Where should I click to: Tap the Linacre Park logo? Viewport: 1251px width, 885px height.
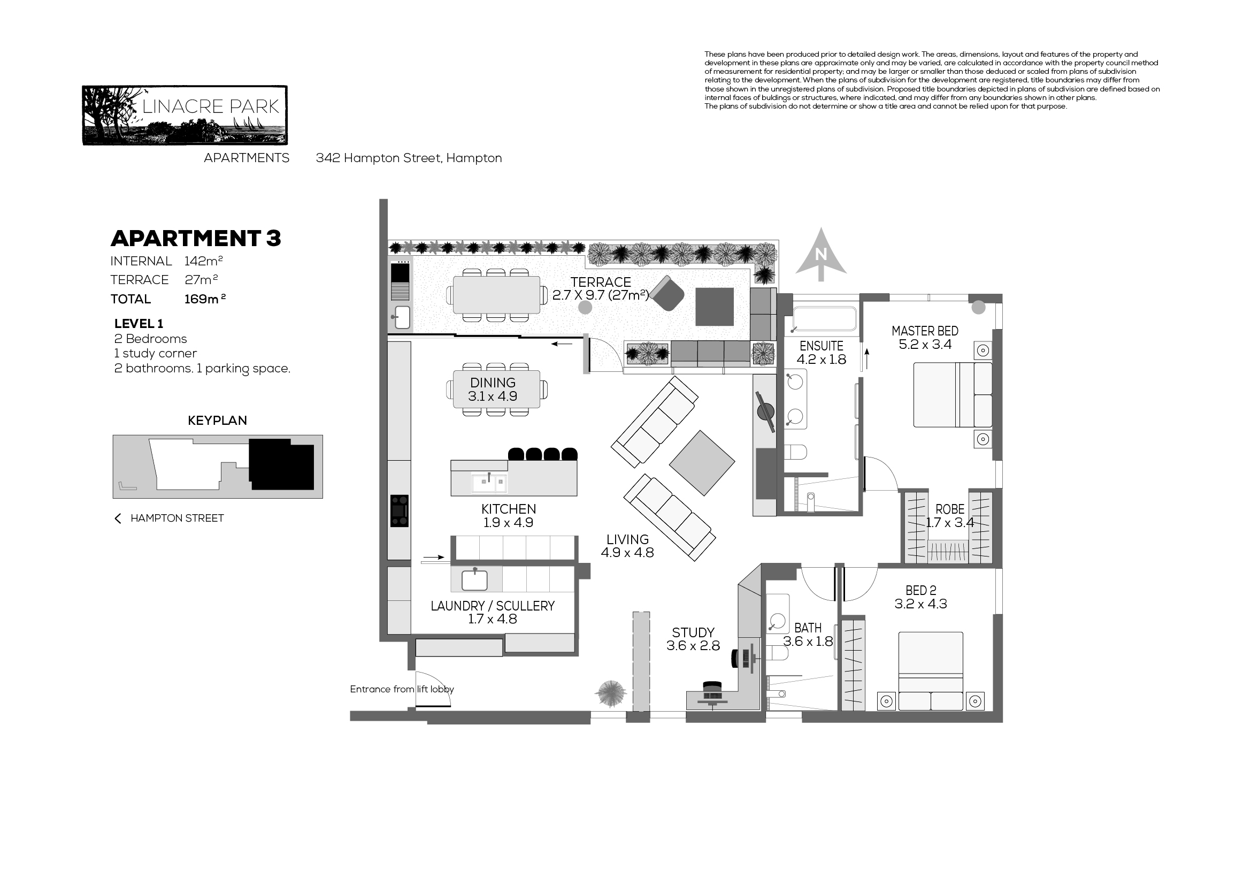[185, 115]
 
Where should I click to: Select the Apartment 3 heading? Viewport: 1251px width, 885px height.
[196, 238]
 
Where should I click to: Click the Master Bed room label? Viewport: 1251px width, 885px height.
[925, 331]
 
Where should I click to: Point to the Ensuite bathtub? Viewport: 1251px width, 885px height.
[824, 318]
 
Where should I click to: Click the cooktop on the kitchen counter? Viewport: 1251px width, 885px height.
[400, 510]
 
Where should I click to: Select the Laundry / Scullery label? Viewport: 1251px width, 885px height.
[493, 606]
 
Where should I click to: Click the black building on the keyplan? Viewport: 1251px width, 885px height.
[282, 464]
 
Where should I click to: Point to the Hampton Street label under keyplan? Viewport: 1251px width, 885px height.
[177, 518]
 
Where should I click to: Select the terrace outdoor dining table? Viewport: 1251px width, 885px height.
[496, 294]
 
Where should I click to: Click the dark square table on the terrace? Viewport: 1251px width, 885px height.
[715, 307]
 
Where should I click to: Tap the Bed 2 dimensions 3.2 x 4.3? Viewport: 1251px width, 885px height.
[921, 604]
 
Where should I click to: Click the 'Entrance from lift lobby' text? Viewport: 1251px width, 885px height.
[402, 689]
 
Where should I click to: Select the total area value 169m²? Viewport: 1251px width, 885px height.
[205, 299]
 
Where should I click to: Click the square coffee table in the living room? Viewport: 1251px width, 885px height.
[702, 463]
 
